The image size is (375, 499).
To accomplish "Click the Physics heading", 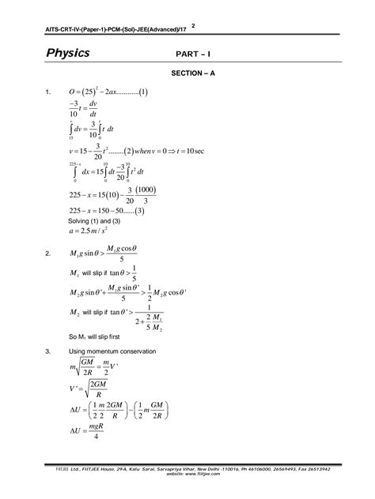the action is pos(67,54).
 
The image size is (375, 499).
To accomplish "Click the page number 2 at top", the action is pos(193,26).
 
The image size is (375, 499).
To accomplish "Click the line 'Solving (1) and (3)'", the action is pos(99,222).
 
